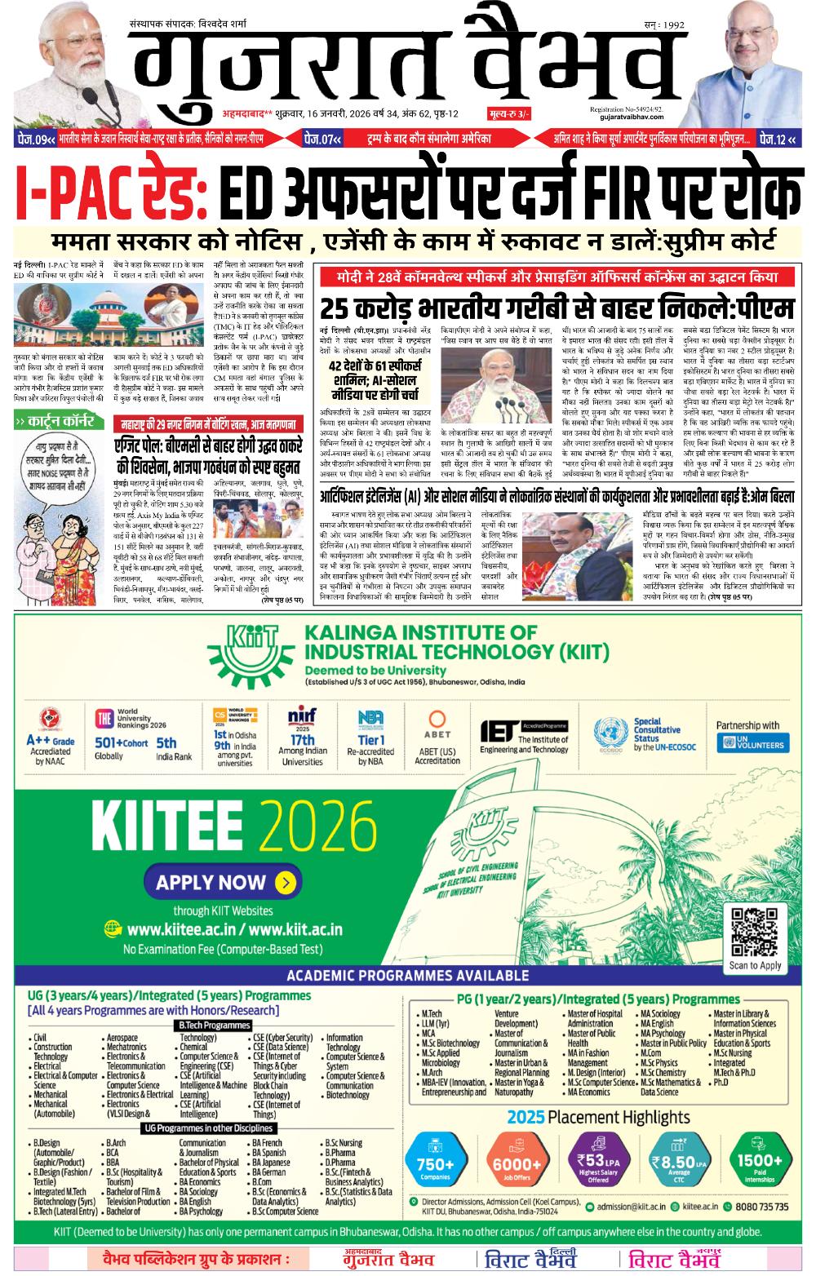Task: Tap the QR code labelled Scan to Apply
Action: (755, 932)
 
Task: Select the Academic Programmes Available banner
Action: (407, 976)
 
